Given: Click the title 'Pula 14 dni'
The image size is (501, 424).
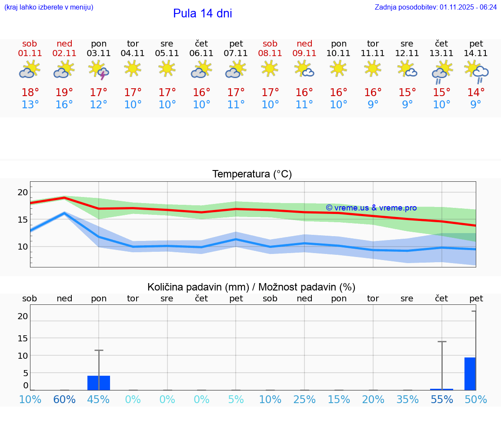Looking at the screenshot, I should [x=202, y=13].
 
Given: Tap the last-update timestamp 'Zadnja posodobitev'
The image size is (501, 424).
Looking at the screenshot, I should [x=436, y=7].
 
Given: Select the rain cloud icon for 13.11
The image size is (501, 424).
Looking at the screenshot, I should [x=441, y=71].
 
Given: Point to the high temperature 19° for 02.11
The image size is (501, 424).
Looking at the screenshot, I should [x=64, y=92].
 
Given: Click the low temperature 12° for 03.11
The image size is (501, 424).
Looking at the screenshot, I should [x=99, y=104].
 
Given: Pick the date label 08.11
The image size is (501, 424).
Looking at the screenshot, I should [x=270, y=53].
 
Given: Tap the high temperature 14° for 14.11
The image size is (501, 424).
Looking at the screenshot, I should [x=476, y=92].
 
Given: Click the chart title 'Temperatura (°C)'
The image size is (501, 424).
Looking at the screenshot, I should [x=252, y=174].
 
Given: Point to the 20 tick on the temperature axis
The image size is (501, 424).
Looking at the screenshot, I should [x=23, y=192].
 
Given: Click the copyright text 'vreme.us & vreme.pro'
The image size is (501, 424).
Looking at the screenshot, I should [x=371, y=208].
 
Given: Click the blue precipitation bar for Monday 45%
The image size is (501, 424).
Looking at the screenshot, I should [x=99, y=383].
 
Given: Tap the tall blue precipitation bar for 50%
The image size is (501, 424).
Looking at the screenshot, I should [x=470, y=374].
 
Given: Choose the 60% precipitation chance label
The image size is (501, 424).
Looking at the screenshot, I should [x=64, y=399].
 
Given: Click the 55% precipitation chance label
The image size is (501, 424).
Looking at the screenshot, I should [x=441, y=399].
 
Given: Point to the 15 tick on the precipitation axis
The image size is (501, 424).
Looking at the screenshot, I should [x=23, y=338].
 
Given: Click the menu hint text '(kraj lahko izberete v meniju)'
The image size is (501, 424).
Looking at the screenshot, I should [x=49, y=7].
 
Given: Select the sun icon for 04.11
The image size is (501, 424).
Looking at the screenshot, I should [x=133, y=68].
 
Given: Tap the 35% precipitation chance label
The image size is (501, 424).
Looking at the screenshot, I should [x=407, y=399].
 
